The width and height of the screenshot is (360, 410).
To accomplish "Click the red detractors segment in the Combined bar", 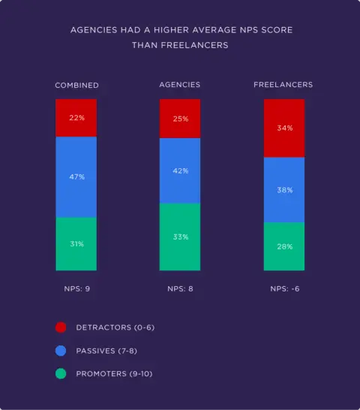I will click(76, 117).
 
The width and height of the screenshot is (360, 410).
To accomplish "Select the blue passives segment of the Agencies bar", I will click(180, 170).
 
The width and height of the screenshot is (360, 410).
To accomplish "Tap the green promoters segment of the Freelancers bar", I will click(283, 246).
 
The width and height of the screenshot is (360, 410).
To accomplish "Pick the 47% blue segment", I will click(76, 177).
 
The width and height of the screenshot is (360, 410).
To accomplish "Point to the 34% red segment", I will click(283, 128).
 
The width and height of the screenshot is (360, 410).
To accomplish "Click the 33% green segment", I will click(180, 237).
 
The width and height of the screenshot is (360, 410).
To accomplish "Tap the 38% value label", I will click(284, 190).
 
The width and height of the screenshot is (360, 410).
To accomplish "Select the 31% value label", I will click(76, 244).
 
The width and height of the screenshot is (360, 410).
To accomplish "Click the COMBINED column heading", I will click(76, 86).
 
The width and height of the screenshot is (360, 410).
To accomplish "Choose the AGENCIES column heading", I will click(180, 85).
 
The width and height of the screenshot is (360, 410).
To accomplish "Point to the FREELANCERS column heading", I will click(283, 85).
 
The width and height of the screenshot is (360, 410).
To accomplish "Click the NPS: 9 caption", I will click(76, 288).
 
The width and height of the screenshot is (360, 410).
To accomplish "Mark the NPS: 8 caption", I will click(180, 288).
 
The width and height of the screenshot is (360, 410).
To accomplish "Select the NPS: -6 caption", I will click(283, 288).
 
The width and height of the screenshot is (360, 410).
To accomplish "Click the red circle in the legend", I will click(61, 327).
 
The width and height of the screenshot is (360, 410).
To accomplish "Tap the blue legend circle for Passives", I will click(61, 351).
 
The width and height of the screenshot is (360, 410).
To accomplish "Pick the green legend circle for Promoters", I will click(61, 374).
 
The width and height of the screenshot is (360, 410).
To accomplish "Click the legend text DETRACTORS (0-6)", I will click(115, 327).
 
